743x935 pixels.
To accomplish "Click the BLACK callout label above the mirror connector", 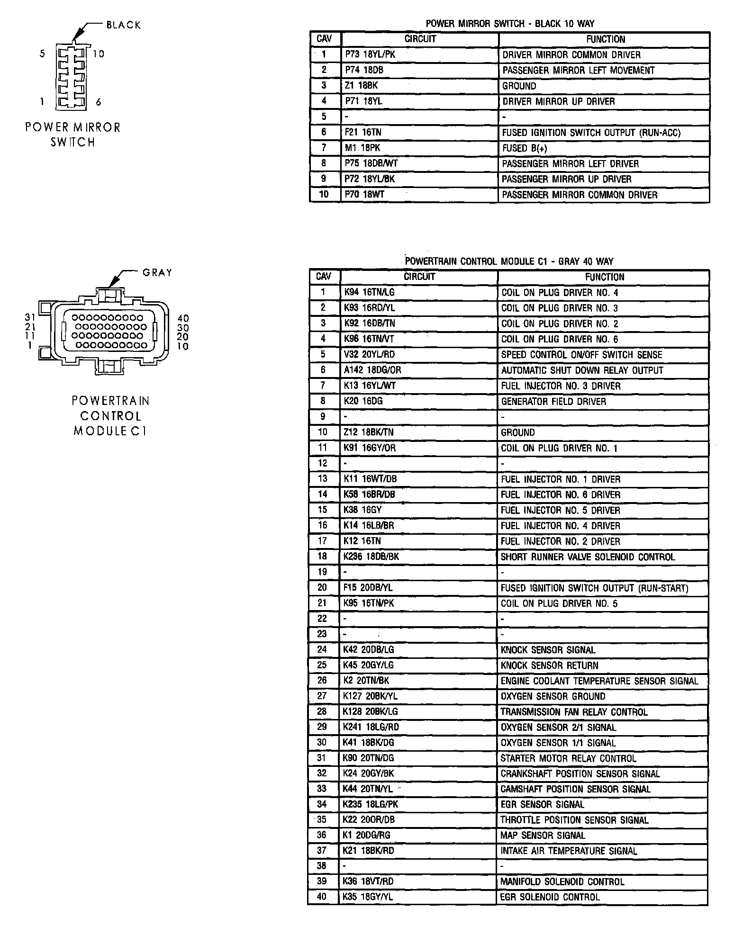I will click(123, 25).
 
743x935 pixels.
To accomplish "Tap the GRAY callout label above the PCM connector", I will click(157, 272).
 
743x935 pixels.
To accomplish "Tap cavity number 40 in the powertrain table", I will click(322, 897).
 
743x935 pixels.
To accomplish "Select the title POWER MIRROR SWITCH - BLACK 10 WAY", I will click(510, 23).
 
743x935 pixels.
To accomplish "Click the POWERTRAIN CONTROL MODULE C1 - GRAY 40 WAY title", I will click(509, 261).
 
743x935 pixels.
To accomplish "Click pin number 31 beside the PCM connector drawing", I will click(30, 318).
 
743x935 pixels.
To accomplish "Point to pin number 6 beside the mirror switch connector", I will click(99, 102).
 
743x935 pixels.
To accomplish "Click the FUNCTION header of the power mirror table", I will click(605, 39).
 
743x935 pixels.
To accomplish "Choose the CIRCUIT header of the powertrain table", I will click(419, 277).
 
